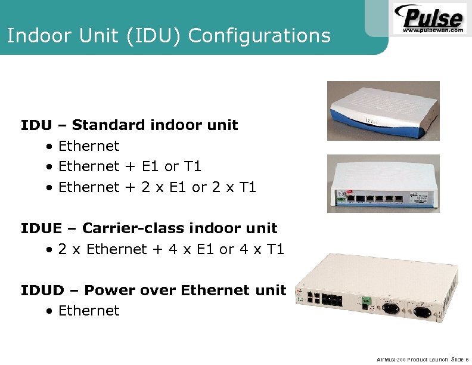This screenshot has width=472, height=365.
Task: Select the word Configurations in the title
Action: tap(259, 36)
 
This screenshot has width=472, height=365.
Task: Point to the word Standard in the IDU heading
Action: tap(109, 125)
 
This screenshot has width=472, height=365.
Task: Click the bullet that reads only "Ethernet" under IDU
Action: tap(89, 146)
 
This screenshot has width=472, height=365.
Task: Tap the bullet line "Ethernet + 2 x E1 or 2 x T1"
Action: tap(157, 187)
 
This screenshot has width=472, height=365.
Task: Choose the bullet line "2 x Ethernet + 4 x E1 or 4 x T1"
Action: tap(171, 249)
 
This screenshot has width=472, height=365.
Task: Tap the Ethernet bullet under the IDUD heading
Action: tap(89, 311)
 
